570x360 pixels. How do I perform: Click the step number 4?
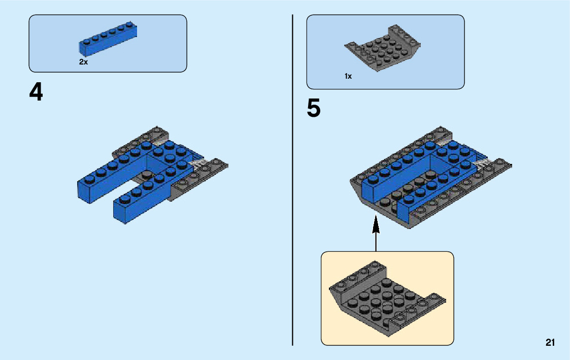click(36, 92)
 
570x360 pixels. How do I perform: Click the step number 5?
click(314, 109)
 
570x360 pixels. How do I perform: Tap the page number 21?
click(550, 343)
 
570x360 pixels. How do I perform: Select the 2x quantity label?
click(83, 62)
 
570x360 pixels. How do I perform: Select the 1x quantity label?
click(348, 76)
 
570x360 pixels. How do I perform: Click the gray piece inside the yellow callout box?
click(386, 300)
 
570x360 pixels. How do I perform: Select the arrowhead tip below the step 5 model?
click(376, 218)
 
